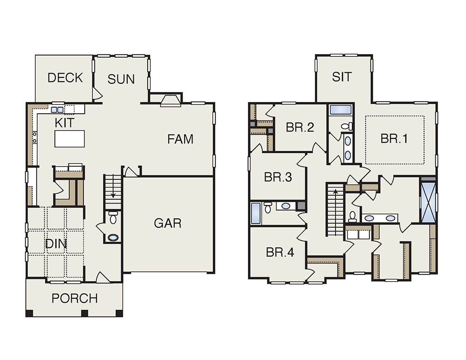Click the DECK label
point(65,78)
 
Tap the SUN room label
point(121,79)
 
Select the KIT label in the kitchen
point(64,122)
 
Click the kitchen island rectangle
point(69,139)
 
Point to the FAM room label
point(180,139)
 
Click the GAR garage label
point(168,223)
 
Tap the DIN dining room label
point(56,244)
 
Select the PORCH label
point(75,298)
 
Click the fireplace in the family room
point(171,101)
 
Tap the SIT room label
point(342,77)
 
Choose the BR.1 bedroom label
point(394,139)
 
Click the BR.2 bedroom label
point(300,128)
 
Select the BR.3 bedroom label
point(278,177)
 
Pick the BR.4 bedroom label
point(280,252)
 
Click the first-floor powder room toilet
point(113,217)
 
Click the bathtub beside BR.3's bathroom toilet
point(255,213)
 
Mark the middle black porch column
point(85,313)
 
